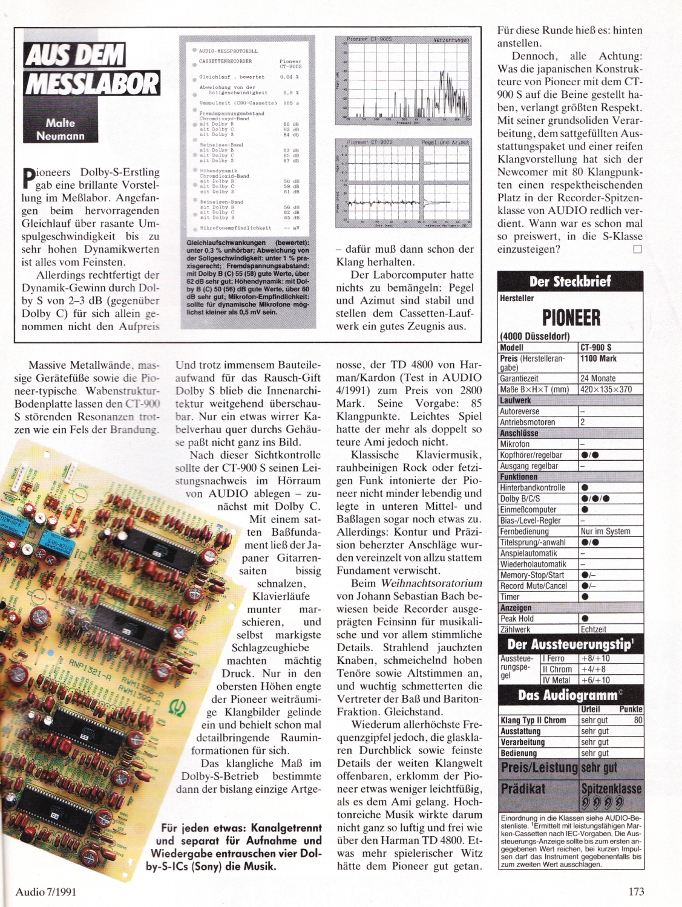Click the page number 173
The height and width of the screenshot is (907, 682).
click(x=636, y=891)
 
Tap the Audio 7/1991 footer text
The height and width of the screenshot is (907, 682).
click(x=46, y=892)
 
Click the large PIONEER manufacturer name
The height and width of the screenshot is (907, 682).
click(x=571, y=317)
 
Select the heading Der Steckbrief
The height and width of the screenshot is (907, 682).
click(x=570, y=281)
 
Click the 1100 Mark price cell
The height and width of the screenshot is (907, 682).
click(x=598, y=359)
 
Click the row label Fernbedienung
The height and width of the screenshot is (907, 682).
click(x=524, y=532)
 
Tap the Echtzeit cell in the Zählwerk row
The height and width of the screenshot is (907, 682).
click(x=593, y=629)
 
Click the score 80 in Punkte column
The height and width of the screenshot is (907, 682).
click(x=638, y=720)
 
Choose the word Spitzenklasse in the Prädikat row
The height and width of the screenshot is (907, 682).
click(x=611, y=788)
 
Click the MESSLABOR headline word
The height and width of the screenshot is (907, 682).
click(x=93, y=83)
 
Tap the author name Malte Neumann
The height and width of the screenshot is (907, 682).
click(x=60, y=129)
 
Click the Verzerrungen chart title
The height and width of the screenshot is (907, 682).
click(x=451, y=40)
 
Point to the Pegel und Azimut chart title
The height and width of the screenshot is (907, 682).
click(x=445, y=142)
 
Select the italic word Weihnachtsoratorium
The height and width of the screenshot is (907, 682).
click(x=431, y=584)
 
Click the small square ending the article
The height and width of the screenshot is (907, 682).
click(x=637, y=249)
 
